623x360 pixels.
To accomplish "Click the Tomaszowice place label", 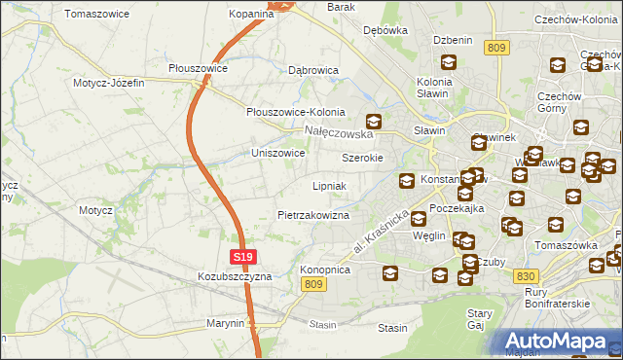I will tap(99, 14).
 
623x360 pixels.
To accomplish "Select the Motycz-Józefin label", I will tap(108, 83).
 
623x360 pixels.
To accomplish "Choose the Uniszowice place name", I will tap(278, 153).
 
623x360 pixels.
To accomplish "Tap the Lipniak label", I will tap(329, 185).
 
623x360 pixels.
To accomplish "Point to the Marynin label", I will tap(225, 323).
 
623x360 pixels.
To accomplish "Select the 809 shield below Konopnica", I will tap(312, 283).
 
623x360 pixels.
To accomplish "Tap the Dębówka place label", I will tap(385, 30).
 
